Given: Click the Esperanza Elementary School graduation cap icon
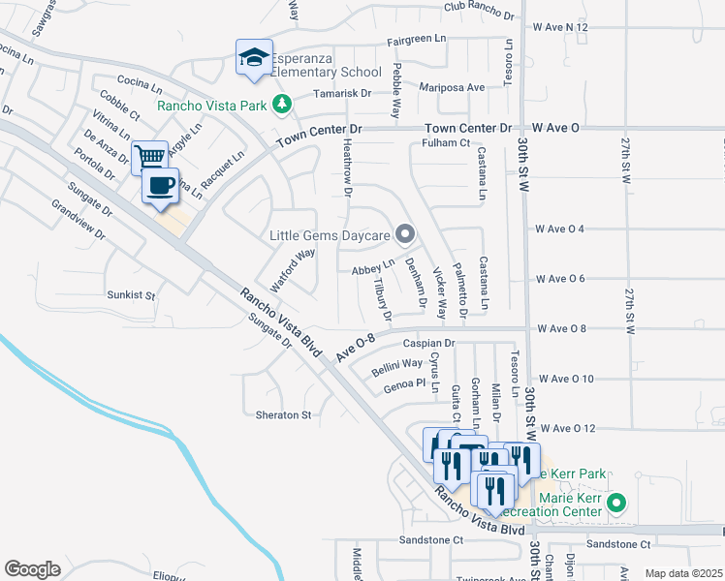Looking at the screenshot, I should [253, 58].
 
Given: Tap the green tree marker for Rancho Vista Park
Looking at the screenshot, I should [281, 103].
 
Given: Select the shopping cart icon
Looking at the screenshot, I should [149, 157].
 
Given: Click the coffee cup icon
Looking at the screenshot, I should [161, 184].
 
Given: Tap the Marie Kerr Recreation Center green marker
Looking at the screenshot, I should [616, 504].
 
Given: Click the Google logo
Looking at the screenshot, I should [32, 569].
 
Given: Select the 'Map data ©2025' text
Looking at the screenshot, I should [683, 573].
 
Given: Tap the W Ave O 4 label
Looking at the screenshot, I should [560, 229].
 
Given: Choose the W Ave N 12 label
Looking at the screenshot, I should [560, 27].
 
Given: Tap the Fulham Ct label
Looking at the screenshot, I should [446, 143].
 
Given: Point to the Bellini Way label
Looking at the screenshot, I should [396, 368].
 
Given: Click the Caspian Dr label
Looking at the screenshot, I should [429, 343].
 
